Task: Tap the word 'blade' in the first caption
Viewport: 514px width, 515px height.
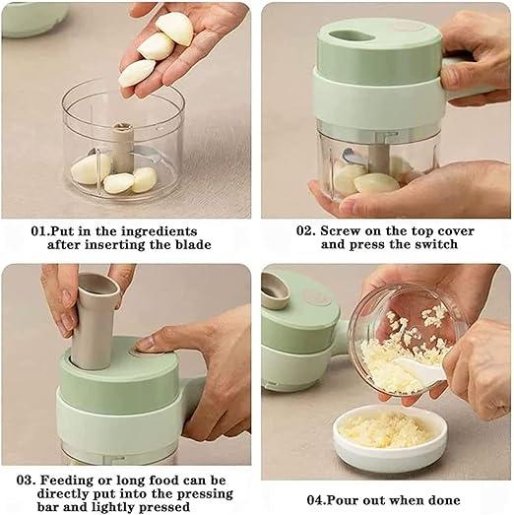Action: (191, 244)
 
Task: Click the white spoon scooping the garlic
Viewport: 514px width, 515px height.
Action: (421, 371)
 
